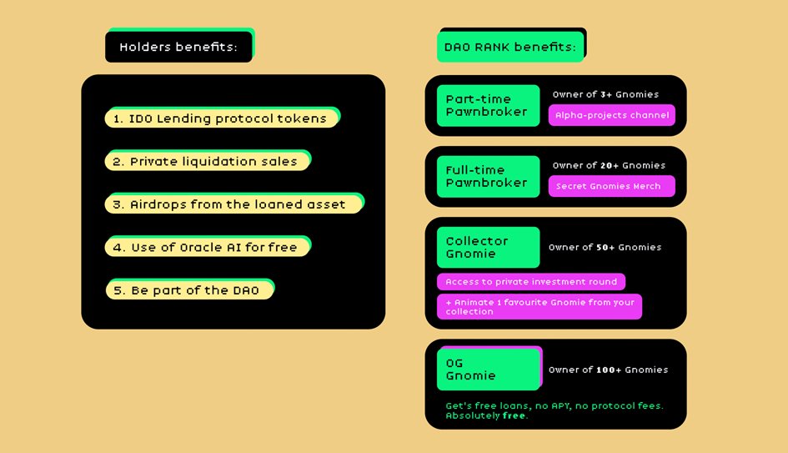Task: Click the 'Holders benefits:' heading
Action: [x=178, y=47]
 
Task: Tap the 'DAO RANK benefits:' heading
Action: [x=509, y=47]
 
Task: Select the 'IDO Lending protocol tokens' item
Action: [x=221, y=118]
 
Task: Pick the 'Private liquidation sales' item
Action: [x=207, y=161]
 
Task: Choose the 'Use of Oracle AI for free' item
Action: [x=207, y=247]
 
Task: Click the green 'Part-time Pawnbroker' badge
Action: [x=488, y=105]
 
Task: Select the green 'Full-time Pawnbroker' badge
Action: [x=488, y=176]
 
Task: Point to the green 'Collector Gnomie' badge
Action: [x=488, y=247]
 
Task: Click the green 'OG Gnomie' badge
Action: [x=488, y=369]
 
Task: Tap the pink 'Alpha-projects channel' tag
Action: [x=611, y=115]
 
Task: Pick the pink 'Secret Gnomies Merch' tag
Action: [x=611, y=186]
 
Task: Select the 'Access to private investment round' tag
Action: [x=531, y=282]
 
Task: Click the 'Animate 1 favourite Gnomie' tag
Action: [x=540, y=306]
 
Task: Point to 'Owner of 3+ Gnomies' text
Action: [x=605, y=94]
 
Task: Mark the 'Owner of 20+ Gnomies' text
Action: [x=609, y=165]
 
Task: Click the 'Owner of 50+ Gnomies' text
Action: [x=605, y=247]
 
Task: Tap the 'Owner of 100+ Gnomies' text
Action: [x=608, y=370]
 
